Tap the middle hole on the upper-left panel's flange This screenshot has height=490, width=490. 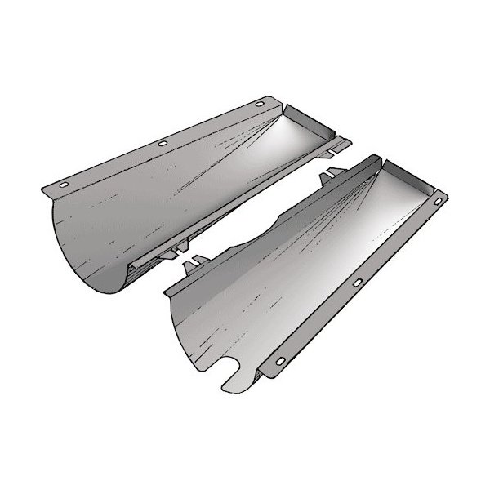pos(163,145)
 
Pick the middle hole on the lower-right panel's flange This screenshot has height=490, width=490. pos(359,282)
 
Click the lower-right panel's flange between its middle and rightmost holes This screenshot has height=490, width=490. pos(400,241)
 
